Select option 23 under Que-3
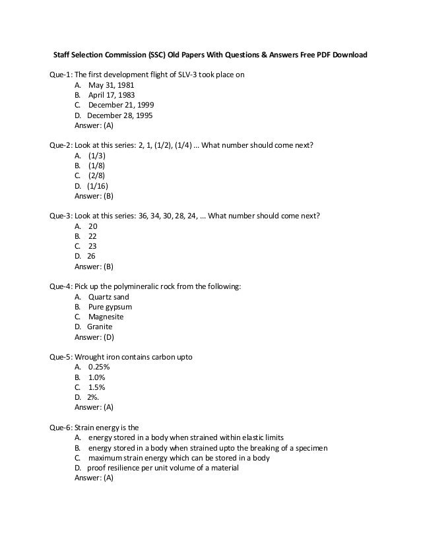click(92, 246)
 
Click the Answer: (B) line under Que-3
click(94, 267)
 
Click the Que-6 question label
click(61, 428)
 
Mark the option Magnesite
click(106, 317)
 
